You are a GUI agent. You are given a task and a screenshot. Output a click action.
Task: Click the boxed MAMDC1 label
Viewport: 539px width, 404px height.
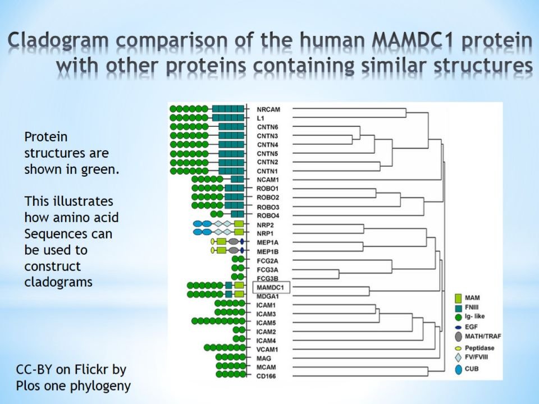click(x=271, y=287)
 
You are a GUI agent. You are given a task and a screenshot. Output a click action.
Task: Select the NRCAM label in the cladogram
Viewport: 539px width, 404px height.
click(x=268, y=109)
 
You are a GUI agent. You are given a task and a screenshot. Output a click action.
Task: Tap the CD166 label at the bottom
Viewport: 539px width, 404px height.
click(x=266, y=376)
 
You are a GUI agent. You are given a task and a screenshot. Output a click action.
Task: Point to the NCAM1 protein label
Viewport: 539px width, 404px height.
click(x=268, y=180)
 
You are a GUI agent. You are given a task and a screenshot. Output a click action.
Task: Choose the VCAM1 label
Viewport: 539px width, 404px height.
click(x=267, y=350)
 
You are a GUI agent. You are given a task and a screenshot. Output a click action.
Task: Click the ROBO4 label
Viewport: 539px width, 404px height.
click(x=268, y=215)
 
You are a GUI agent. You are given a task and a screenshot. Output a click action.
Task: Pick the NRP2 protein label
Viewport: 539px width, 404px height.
click(x=265, y=226)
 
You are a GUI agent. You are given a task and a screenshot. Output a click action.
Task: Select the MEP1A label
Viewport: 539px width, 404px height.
click(x=267, y=242)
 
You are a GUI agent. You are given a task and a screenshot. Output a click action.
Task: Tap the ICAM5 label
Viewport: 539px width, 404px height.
click(x=266, y=323)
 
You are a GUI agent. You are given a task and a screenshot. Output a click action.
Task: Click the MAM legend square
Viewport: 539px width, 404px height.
click(x=458, y=298)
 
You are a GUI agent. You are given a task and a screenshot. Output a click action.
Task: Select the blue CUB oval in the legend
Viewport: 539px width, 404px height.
click(x=458, y=370)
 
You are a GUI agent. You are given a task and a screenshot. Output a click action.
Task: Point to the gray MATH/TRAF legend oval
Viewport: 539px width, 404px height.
click(x=458, y=336)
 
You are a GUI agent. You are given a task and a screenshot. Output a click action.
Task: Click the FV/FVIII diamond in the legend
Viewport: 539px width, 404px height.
click(x=458, y=357)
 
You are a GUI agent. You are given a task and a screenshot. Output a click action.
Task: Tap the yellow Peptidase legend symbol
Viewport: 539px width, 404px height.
click(x=458, y=348)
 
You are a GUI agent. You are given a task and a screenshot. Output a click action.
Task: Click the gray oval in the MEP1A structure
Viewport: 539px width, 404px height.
click(x=234, y=241)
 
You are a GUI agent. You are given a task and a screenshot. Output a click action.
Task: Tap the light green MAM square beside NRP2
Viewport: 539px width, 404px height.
click(x=239, y=224)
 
